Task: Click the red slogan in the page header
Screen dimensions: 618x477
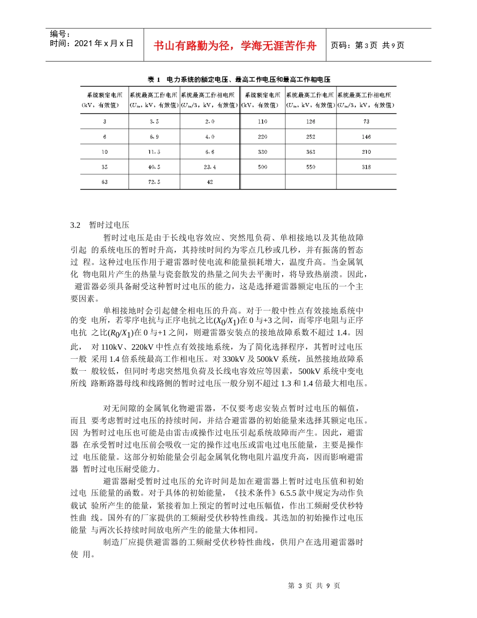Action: [x=235, y=46]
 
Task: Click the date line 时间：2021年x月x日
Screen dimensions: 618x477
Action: [x=92, y=44]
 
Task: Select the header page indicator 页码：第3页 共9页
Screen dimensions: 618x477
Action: [x=368, y=45]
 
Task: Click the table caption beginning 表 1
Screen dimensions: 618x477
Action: [x=238, y=79]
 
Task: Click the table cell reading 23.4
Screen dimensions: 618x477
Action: [x=209, y=167]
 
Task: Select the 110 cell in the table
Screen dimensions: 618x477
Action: [x=262, y=122]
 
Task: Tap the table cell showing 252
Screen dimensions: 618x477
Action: [x=311, y=137]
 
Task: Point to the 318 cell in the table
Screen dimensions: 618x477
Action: [x=366, y=167]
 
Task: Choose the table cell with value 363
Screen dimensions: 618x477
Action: [x=311, y=152]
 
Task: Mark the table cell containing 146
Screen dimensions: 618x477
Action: [x=366, y=137]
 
